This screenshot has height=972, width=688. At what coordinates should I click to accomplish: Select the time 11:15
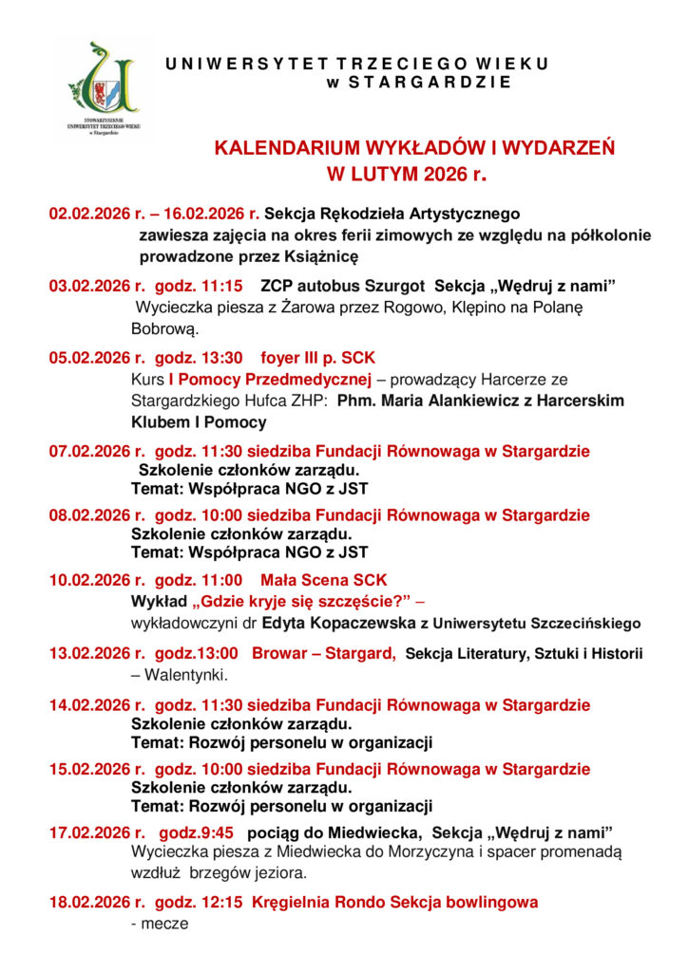tap(223, 285)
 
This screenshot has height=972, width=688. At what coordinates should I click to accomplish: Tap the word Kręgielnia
tap(292, 902)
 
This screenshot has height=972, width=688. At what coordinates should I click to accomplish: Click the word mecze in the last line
tap(163, 923)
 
